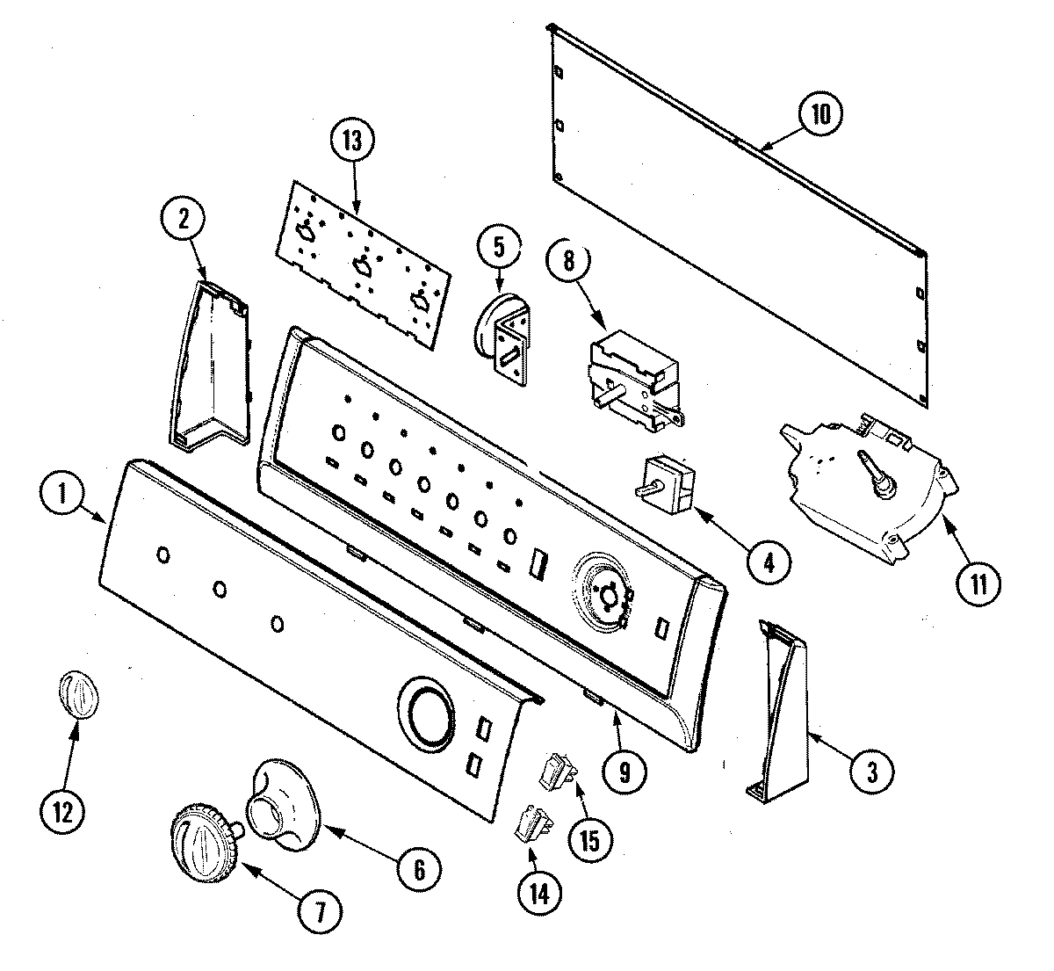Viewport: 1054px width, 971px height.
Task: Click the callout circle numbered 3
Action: click(x=871, y=772)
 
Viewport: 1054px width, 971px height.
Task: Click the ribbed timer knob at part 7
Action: click(x=204, y=841)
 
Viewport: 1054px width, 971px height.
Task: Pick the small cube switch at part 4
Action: click(x=667, y=482)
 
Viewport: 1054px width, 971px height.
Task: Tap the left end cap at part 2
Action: click(x=207, y=367)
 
